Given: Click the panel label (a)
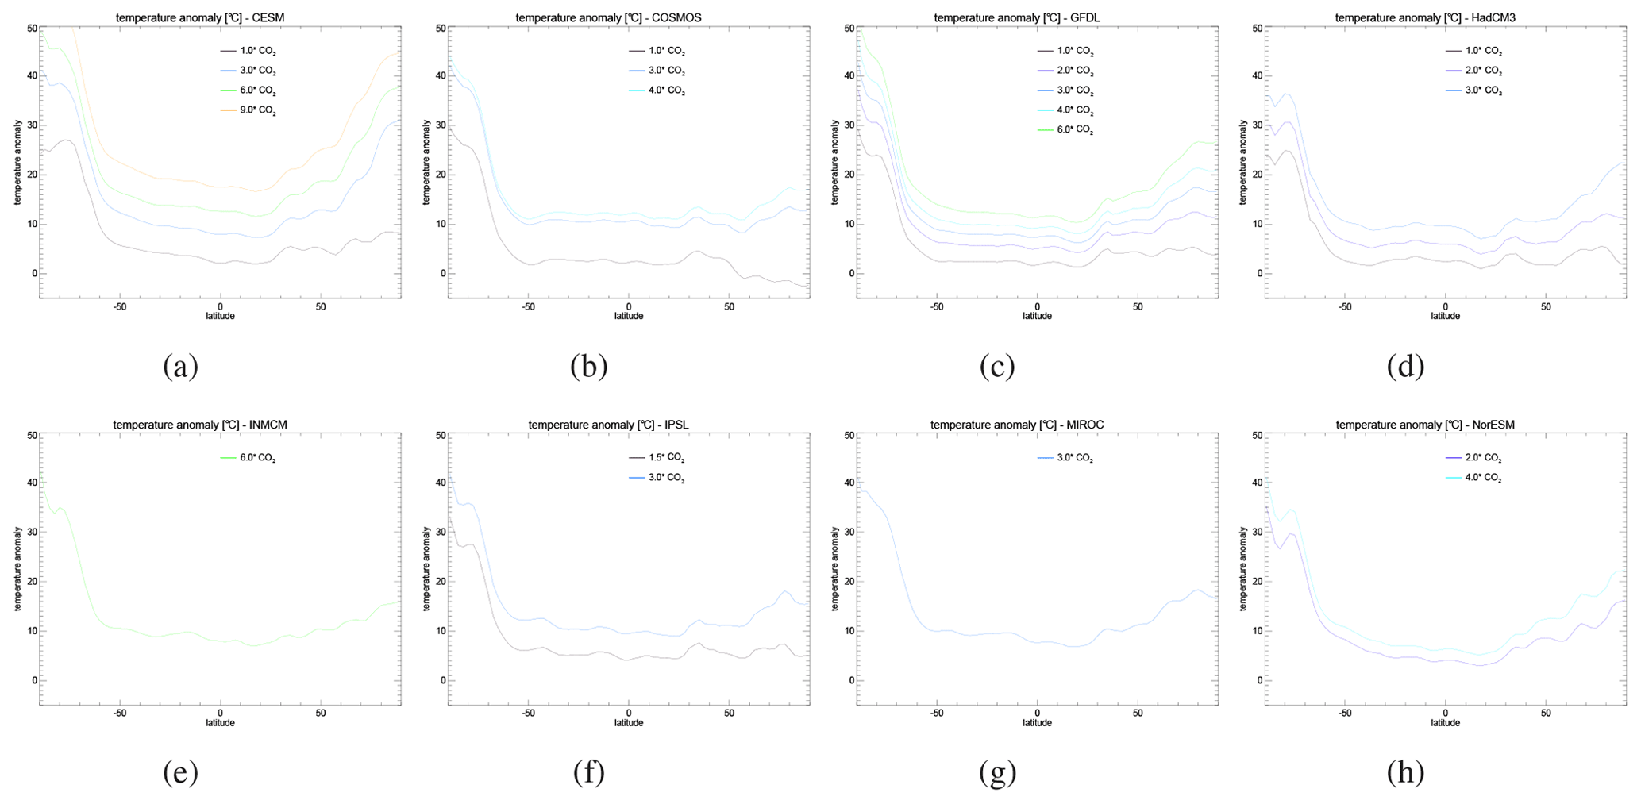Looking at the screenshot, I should [x=180, y=366].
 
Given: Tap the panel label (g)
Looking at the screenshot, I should [x=997, y=772].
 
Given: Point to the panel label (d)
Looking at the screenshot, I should [x=1405, y=366].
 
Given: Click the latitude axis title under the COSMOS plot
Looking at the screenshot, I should [x=629, y=316].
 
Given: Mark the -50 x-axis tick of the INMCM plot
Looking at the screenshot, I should [x=120, y=713].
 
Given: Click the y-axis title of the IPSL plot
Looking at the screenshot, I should [x=426, y=571].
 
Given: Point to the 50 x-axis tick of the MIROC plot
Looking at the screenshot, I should [x=1138, y=713].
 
